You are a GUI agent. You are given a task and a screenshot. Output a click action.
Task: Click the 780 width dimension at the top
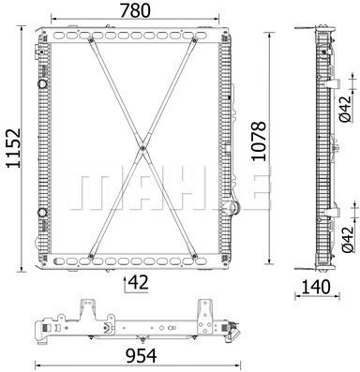pos(135,10)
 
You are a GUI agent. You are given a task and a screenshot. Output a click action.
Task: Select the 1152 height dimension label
pos(14,148)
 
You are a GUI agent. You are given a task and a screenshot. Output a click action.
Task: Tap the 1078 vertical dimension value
pos(259,141)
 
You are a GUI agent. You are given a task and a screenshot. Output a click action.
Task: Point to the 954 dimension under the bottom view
pos(141,356)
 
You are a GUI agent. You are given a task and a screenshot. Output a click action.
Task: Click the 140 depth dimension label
pos(316,287)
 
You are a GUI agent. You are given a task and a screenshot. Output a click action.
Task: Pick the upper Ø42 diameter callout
pos(345,109)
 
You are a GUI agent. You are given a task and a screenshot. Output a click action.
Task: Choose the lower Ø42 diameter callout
pos(347,240)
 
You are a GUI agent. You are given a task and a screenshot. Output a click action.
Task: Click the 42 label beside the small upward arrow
pos(139,283)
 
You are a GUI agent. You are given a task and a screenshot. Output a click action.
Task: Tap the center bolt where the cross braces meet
pos(142,148)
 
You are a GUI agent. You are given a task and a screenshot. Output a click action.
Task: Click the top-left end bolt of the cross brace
pos(91,39)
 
